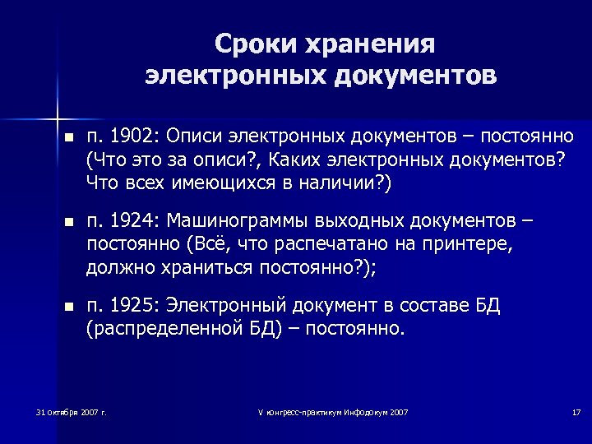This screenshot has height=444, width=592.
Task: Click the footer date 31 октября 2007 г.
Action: pyautogui.click(x=72, y=411)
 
